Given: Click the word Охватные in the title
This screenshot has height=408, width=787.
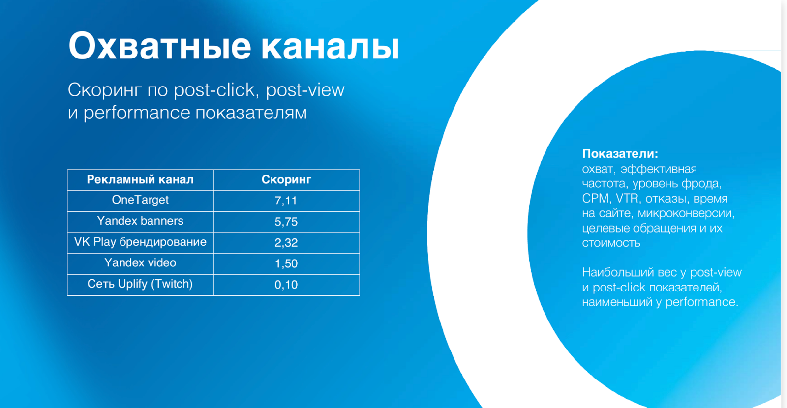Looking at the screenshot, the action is click(x=160, y=46).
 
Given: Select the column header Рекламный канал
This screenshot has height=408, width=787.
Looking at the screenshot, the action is click(x=140, y=180).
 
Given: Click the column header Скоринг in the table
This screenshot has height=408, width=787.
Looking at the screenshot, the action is click(x=286, y=180).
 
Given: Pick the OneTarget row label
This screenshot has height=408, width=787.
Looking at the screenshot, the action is click(x=140, y=200).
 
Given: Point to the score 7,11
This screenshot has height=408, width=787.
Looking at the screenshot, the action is click(x=286, y=201).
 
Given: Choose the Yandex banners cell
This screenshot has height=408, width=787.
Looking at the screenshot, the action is click(x=140, y=221).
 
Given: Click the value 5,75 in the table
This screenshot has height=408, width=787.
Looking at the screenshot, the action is click(x=286, y=222).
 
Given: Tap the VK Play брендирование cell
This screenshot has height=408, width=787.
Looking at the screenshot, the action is click(x=140, y=242).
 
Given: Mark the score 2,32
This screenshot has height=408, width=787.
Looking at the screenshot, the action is click(x=286, y=243).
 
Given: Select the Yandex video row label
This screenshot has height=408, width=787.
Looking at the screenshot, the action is click(x=140, y=262).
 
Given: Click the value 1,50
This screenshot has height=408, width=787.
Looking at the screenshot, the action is click(x=286, y=263).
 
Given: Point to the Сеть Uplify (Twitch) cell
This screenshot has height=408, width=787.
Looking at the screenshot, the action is click(x=140, y=284).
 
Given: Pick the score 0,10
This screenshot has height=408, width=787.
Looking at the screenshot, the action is click(x=286, y=285).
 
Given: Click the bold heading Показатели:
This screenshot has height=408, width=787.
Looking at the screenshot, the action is click(x=620, y=154).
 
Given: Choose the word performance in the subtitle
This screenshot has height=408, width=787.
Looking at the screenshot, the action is click(x=137, y=113).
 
